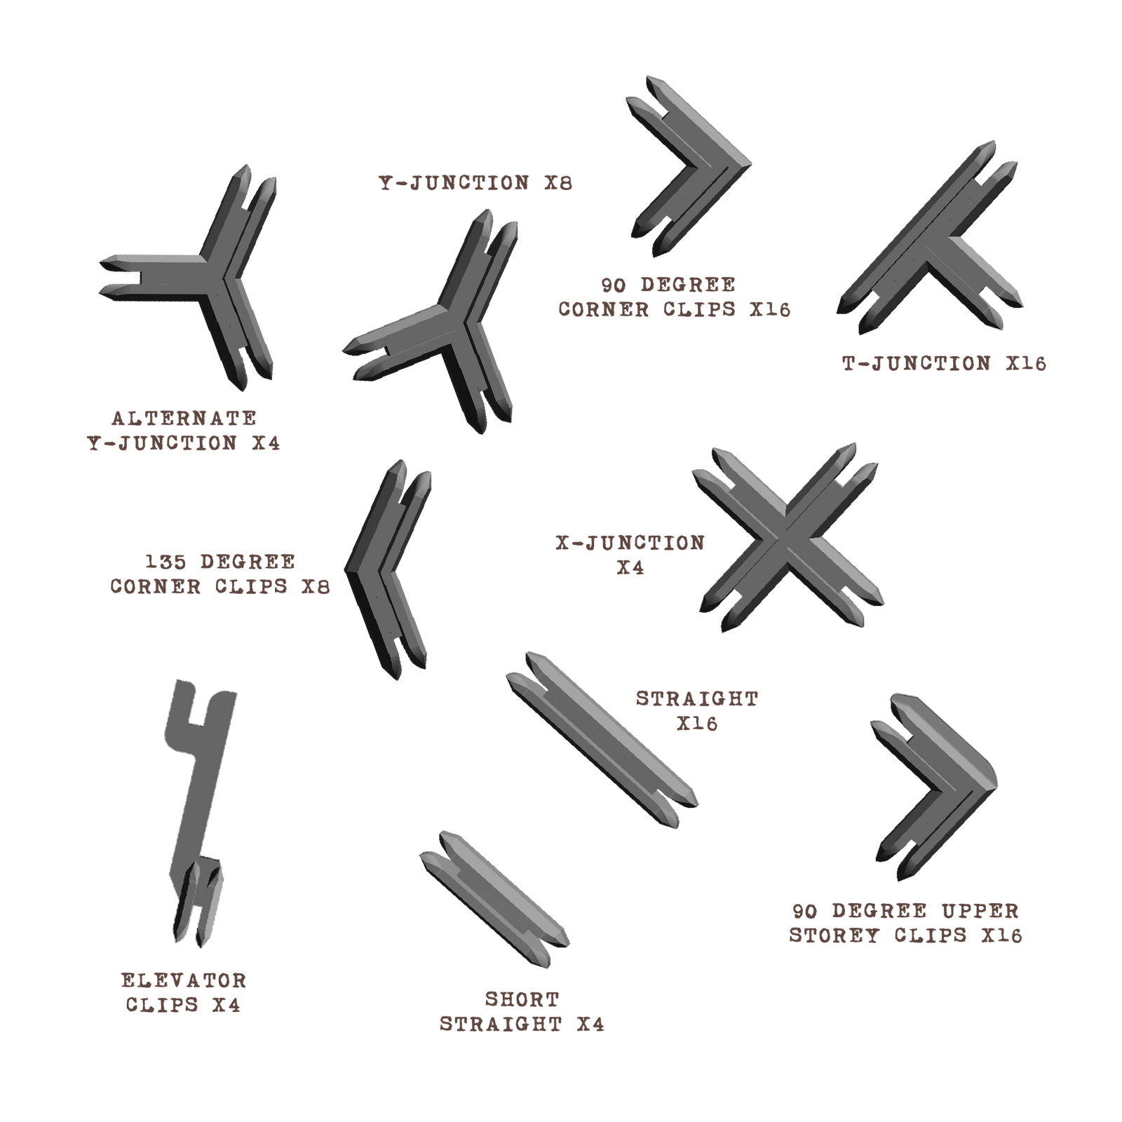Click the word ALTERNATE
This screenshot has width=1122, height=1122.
184,418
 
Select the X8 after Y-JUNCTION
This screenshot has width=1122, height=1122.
558,183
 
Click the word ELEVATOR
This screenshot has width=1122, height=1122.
184,980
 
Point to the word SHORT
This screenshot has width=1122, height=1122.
522,999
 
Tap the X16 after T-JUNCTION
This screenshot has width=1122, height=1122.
1026,363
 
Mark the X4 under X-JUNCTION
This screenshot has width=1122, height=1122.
630,568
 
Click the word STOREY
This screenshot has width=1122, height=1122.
834,935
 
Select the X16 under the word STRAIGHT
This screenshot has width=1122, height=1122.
697,724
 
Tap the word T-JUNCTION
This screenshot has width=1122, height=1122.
917,363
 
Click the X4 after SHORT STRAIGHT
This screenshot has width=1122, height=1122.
590,1024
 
